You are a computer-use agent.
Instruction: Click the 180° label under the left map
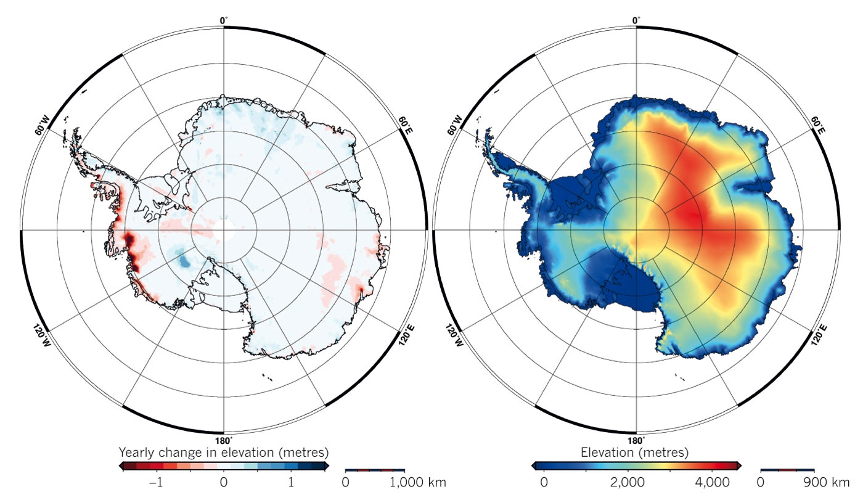pos(223,441)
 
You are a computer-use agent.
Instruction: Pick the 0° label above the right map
pos(636,20)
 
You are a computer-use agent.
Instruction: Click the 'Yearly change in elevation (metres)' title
pos(223,452)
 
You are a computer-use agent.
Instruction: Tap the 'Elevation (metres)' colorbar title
pos(636,453)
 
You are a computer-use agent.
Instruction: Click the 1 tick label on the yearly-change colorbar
pos(290,481)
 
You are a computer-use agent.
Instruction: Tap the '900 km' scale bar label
pos(827,481)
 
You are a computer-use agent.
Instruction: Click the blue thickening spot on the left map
pos(183,260)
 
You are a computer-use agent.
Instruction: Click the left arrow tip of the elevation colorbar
pos(534,465)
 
